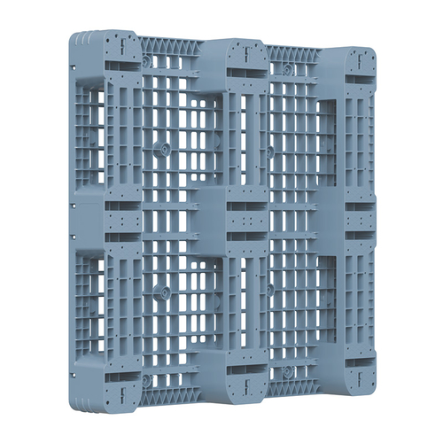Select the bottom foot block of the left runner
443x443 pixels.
(119, 385)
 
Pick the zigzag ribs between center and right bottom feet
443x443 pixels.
(292, 386)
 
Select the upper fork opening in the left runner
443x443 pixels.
(91, 133)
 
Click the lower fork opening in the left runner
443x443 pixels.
(91, 301)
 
